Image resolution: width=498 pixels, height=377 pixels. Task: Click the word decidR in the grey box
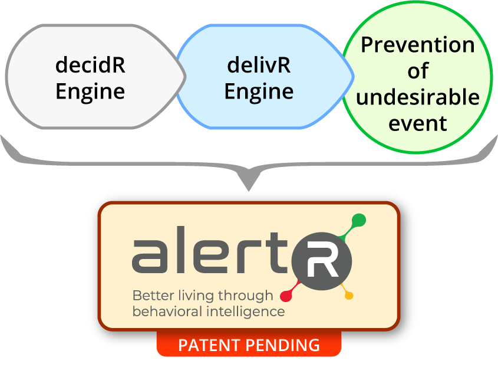pyautogui.click(x=90, y=65)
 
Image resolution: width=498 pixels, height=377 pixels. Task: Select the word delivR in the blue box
pyautogui.click(x=259, y=65)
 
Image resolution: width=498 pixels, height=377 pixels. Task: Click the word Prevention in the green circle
pyautogui.click(x=417, y=45)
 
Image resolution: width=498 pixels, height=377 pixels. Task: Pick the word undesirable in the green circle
pyautogui.click(x=417, y=97)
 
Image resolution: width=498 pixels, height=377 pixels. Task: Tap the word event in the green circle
pyautogui.click(x=417, y=123)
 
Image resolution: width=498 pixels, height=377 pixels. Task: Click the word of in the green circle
pyautogui.click(x=417, y=71)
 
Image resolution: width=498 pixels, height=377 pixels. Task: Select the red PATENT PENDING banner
pyautogui.click(x=249, y=345)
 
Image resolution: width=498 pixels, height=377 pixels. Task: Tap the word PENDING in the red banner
pyautogui.click(x=285, y=345)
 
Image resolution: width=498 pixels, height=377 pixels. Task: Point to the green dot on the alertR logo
pyautogui.click(x=358, y=221)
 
